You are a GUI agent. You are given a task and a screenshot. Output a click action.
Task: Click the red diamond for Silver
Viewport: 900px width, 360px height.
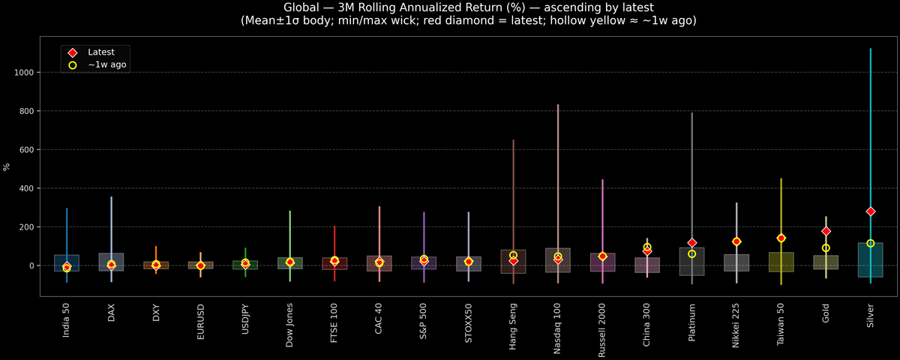(871, 211)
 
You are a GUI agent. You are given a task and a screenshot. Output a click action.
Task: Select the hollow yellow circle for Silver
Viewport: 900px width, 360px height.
(871, 243)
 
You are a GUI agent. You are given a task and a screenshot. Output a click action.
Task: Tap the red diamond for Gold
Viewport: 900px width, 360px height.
(826, 231)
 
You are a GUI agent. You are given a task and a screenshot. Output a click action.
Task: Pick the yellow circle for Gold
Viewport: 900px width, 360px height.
(826, 248)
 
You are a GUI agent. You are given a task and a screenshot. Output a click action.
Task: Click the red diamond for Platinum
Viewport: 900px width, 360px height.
(692, 243)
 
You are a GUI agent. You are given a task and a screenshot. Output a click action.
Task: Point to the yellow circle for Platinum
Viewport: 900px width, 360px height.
(692, 253)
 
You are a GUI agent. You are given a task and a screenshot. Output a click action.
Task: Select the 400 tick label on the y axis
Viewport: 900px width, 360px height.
(29, 188)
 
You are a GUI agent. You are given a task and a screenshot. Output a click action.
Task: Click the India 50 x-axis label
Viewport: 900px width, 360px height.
(67, 319)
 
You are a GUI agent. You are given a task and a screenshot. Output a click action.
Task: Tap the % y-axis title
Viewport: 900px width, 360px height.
(7, 167)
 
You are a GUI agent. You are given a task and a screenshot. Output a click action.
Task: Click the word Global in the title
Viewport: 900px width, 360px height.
(303, 7)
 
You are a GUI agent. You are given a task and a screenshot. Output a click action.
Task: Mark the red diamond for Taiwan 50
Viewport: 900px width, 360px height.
(781, 238)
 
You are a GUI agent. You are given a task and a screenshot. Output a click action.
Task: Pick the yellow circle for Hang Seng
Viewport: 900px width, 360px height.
(513, 255)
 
